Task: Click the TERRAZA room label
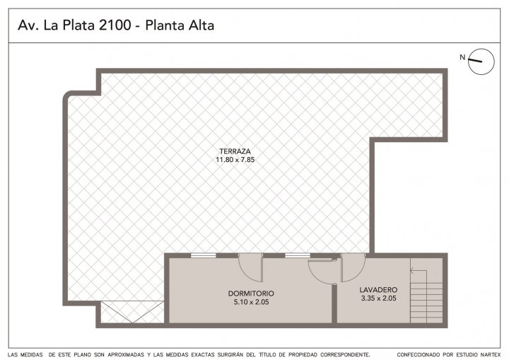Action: [x=235, y=151]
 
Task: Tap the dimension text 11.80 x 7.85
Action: [x=235, y=160]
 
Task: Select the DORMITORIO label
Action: [x=251, y=294]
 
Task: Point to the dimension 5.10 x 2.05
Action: [x=251, y=302]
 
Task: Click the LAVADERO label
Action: [x=378, y=290]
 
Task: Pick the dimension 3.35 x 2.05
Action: [x=378, y=298]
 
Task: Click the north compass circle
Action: [x=481, y=62]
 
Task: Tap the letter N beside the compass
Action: [x=462, y=57]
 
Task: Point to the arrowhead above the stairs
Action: [x=412, y=270]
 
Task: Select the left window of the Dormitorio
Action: [x=203, y=255]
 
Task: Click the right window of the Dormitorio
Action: [x=298, y=255]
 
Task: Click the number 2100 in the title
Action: [x=115, y=25]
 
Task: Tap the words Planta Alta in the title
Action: [x=180, y=25]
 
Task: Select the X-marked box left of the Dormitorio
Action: [x=132, y=312]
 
